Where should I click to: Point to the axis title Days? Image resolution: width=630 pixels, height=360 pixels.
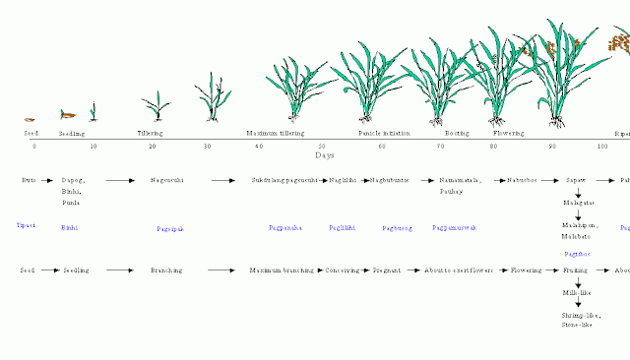(325, 155)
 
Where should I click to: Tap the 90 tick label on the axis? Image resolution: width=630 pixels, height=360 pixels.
(552, 147)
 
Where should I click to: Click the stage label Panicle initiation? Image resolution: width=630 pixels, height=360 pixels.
(380, 132)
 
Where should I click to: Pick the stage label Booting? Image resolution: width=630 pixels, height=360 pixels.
(456, 132)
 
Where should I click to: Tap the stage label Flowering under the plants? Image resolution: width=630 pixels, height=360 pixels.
(508, 132)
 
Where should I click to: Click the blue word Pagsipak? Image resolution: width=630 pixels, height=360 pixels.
(170, 228)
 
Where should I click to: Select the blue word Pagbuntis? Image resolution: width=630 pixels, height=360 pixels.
(396, 227)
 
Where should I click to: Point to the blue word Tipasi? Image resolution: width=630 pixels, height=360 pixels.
(26, 225)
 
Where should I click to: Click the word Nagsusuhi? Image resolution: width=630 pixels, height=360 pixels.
(167, 181)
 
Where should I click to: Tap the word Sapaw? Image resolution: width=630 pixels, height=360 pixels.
(577, 181)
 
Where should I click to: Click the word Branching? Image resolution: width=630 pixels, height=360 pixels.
(166, 269)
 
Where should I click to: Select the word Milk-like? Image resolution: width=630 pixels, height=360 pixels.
(576, 293)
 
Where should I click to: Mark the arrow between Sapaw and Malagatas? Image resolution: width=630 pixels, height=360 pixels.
(578, 192)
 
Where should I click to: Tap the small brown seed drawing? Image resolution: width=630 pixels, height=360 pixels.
(30, 119)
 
